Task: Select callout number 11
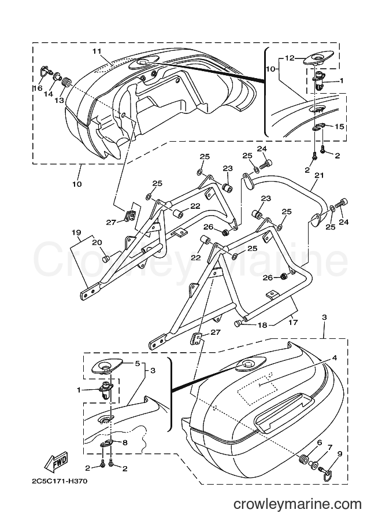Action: coord(97,51)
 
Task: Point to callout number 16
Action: coord(38,88)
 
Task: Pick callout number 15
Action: coord(340,126)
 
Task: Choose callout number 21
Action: coord(319,175)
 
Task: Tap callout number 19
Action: coord(76,232)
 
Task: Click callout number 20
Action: coord(97,242)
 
